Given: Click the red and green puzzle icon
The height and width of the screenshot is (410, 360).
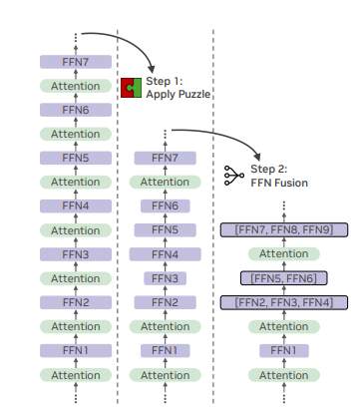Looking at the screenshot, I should [131, 88].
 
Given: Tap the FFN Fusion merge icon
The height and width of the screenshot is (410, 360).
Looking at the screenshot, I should [232, 176].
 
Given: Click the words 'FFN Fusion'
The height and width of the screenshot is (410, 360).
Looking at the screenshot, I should [279, 183].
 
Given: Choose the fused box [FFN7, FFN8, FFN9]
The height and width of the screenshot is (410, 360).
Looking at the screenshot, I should [284, 230].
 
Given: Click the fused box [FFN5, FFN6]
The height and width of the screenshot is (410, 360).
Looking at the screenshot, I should [284, 278].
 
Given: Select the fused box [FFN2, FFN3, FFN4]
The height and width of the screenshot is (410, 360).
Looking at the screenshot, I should [284, 302].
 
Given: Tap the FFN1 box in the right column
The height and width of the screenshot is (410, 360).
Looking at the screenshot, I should [284, 350].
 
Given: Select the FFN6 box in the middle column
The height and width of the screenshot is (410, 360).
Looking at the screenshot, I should [165, 206].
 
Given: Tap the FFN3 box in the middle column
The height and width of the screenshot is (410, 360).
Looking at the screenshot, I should [165, 278].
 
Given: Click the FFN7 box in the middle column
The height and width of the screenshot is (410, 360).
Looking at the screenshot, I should [165, 158].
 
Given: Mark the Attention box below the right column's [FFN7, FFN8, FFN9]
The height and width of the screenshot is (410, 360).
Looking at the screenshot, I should [284, 254].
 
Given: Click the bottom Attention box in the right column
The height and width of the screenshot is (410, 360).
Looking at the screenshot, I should [284, 374].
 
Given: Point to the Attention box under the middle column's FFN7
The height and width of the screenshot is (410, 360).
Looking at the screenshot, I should [165, 183].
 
